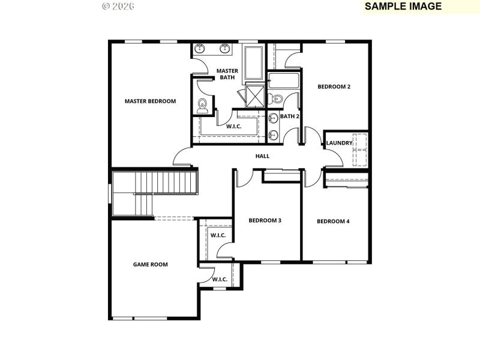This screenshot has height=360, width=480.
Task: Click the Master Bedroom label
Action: point(150,101)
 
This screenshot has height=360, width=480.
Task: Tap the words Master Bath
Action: point(227,74)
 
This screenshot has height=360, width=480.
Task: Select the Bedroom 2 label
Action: point(334,86)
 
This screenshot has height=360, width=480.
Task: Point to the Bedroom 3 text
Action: point(265,220)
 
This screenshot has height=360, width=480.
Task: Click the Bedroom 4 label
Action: point(333,221)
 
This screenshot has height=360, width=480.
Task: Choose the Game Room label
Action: point(150,264)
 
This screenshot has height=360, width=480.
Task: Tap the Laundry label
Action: point(339,143)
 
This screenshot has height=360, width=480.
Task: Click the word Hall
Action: point(262,156)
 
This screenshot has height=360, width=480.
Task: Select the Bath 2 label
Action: point(289,116)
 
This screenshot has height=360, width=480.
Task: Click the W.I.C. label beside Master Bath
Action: point(233,127)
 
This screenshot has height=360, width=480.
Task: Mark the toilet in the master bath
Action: point(202,105)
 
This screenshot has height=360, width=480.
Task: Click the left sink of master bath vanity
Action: point(201,49)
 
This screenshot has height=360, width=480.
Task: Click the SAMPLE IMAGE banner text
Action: point(403,6)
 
